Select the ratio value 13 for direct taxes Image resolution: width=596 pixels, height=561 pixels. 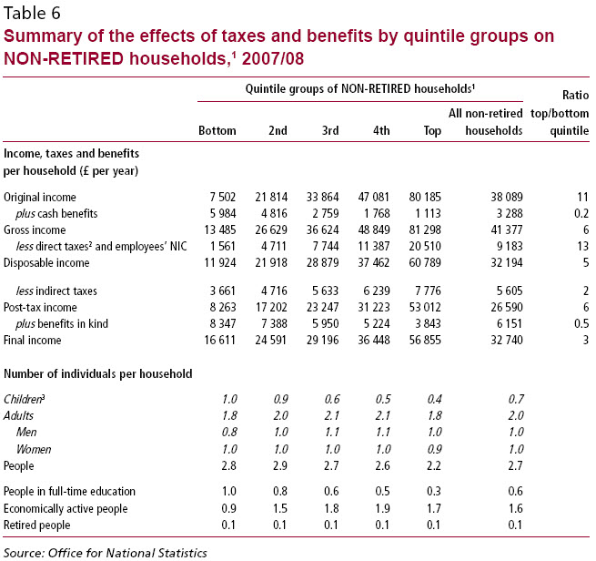pyautogui.click(x=583, y=246)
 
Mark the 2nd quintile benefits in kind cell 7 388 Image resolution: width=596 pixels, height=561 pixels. pyautogui.click(x=272, y=323)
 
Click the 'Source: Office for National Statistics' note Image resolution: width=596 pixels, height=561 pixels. pyautogui.click(x=105, y=552)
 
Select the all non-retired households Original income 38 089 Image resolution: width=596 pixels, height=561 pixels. pyautogui.click(x=504, y=197)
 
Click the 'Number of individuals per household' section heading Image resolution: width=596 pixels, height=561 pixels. pyautogui.click(x=98, y=373)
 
